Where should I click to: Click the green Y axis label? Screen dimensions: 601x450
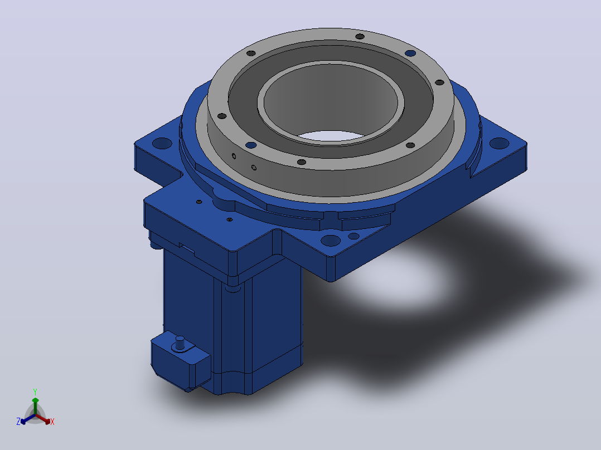[35, 392]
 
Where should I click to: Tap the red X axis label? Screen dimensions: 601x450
[52, 422]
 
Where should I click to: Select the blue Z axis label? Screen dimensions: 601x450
[18, 421]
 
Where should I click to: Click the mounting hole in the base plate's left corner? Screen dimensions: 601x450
[162, 143]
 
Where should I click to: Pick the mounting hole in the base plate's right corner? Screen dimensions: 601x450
[499, 143]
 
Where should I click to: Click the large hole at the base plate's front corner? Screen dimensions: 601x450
[331, 241]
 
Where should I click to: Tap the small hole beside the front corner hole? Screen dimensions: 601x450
[353, 236]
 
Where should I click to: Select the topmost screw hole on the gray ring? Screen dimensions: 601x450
[360, 36]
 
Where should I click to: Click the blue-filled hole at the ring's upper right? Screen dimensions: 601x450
[410, 53]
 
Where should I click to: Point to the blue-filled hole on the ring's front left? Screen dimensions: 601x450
[251, 145]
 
